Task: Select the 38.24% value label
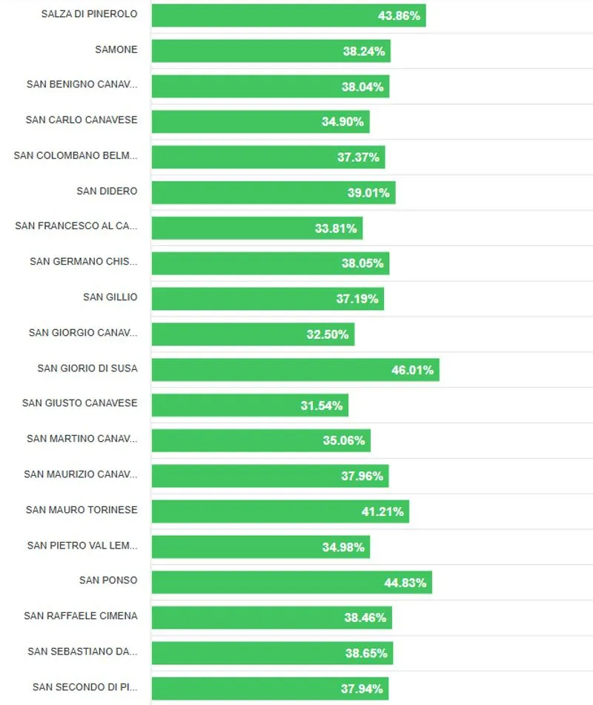pyautogui.click(x=363, y=51)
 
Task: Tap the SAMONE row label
pyautogui.click(x=116, y=50)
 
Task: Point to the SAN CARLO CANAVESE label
pyautogui.click(x=82, y=120)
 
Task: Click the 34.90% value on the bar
pyautogui.click(x=342, y=122)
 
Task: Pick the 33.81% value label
pyautogui.click(x=336, y=228)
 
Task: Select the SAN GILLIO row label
pyautogui.click(x=110, y=297)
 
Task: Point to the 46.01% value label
pyautogui.click(x=412, y=370)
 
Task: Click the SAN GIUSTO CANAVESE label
pyautogui.click(x=79, y=403)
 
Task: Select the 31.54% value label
pyautogui.click(x=322, y=406)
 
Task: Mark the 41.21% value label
pyautogui.click(x=382, y=512)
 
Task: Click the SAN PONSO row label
pyautogui.click(x=108, y=580)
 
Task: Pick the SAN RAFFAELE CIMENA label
pyautogui.click(x=80, y=616)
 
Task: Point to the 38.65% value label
pyautogui.click(x=365, y=653)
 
